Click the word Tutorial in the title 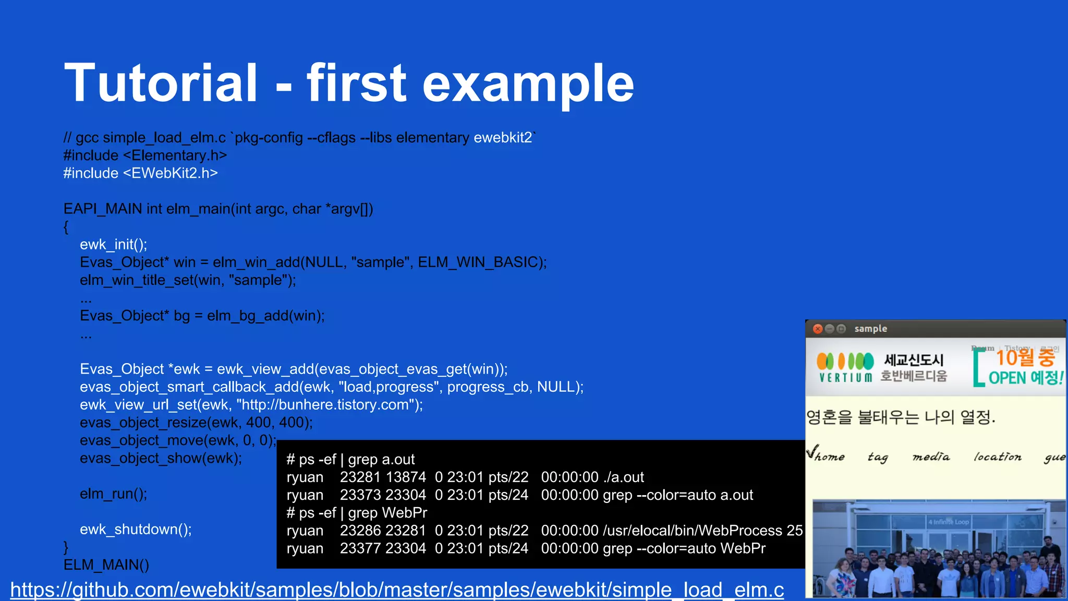(x=161, y=83)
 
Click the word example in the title (x=528, y=83)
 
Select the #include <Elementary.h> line (x=145, y=155)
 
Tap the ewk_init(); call (x=113, y=245)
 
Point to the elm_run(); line (x=113, y=494)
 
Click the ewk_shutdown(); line (x=136, y=530)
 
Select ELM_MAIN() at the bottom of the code (x=106, y=565)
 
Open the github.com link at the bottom (x=396, y=590)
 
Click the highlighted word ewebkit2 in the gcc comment (x=503, y=138)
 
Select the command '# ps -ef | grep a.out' (x=350, y=460)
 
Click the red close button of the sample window (x=818, y=329)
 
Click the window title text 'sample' (x=870, y=329)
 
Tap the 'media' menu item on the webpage (x=931, y=457)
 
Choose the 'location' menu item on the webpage (x=997, y=457)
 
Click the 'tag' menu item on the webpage (x=878, y=457)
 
